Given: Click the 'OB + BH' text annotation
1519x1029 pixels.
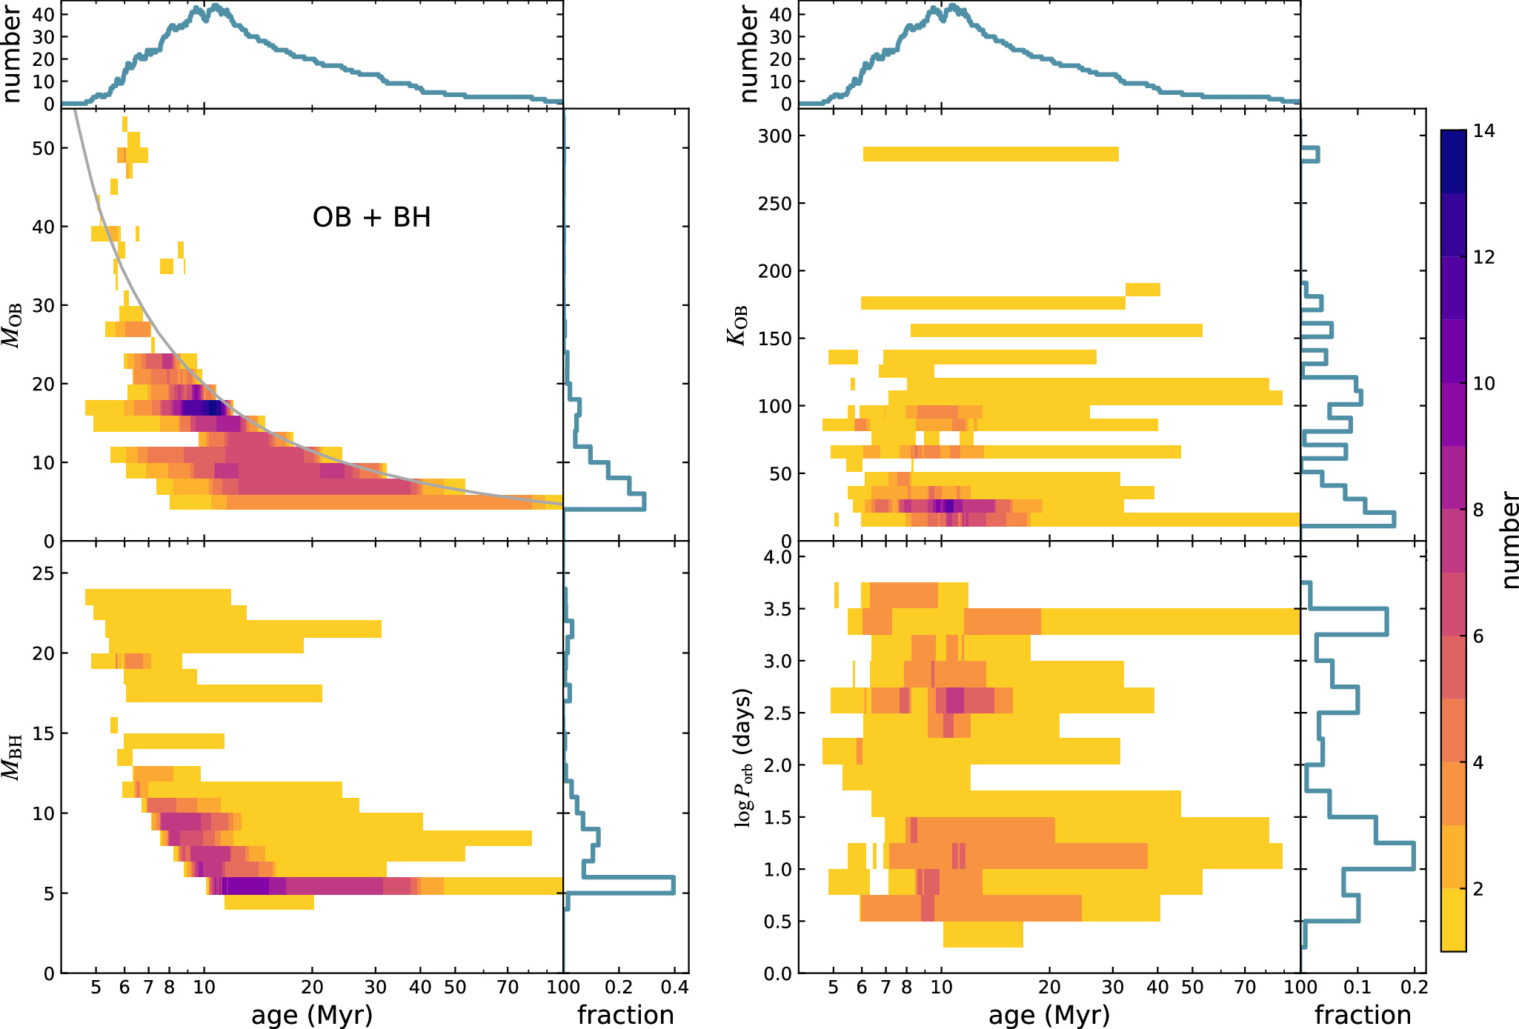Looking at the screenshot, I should pyautogui.click(x=371, y=217).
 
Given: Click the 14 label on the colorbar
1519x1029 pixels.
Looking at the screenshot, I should pyautogui.click(x=1484, y=131).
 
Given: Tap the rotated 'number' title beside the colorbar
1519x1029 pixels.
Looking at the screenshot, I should pyautogui.click(x=1509, y=541).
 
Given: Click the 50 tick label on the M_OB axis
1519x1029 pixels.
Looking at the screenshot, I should pyautogui.click(x=44, y=148).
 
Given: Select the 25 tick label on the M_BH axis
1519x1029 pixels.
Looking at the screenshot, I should pyautogui.click(x=44, y=573).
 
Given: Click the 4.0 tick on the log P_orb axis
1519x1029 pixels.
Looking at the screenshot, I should pyautogui.click(x=778, y=557).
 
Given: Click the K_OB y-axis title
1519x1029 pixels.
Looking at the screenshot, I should pyautogui.click(x=737, y=324).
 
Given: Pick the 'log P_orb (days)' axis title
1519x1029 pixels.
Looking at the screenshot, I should pyautogui.click(x=742, y=758).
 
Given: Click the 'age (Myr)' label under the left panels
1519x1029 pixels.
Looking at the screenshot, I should pyautogui.click(x=311, y=1014).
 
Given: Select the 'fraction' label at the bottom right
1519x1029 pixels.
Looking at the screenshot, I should pyautogui.click(x=1363, y=1014).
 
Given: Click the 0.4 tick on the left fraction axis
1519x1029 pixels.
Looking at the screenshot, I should pyautogui.click(x=674, y=988).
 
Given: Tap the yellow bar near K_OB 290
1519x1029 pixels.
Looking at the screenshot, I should pyautogui.click(x=990, y=154).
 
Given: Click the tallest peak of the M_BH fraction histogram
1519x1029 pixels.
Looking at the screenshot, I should pyautogui.click(x=673, y=885).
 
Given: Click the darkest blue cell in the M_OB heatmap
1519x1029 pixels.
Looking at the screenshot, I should pyautogui.click(x=213, y=407).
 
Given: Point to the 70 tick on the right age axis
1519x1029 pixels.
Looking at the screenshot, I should pyautogui.click(x=1246, y=988).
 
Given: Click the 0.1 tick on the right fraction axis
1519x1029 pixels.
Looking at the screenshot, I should pyautogui.click(x=1357, y=988).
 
